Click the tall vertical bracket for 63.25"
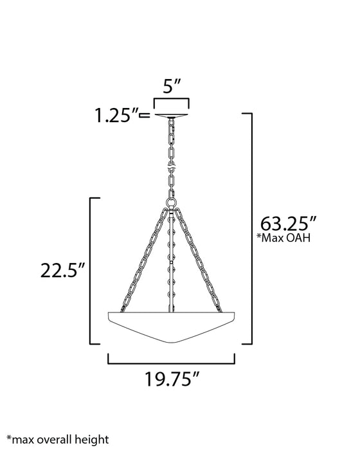click(x=249, y=225)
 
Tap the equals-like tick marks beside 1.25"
click(x=146, y=116)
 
